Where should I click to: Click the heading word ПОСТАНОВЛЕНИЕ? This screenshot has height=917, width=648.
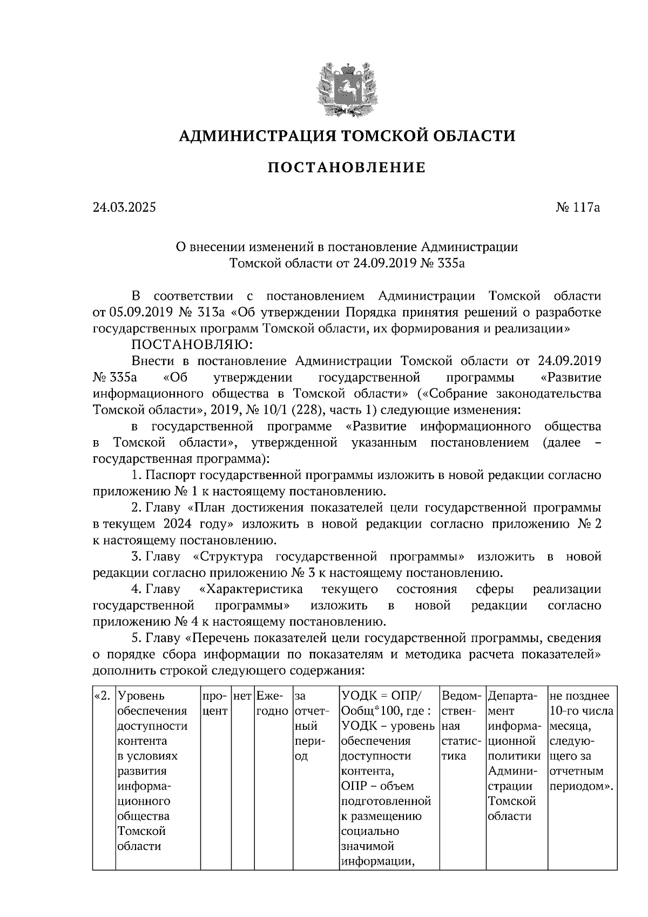tap(347, 168)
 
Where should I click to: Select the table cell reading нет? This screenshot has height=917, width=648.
tap(242, 696)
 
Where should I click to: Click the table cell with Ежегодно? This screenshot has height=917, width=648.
tap(273, 703)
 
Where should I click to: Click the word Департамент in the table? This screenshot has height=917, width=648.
tap(512, 703)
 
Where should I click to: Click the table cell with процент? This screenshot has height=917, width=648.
tap(215, 703)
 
